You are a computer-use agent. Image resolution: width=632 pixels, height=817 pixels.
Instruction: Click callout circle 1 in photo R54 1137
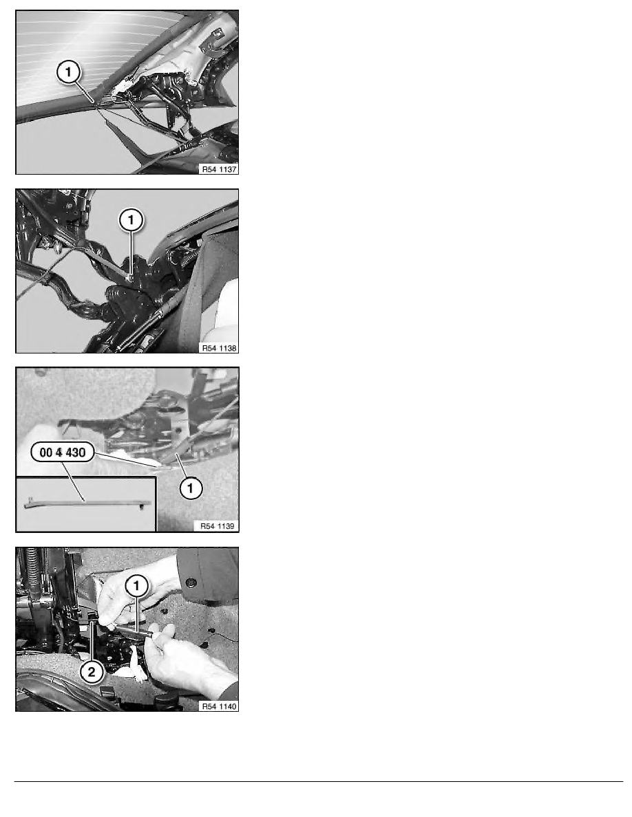coord(68,72)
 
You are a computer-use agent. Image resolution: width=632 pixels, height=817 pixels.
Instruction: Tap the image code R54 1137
coord(219,168)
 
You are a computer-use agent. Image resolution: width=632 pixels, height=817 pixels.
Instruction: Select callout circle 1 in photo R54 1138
coord(131,220)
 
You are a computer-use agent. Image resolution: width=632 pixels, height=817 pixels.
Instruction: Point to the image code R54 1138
coord(219,347)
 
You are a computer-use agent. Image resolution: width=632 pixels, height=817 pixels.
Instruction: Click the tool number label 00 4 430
coord(63,453)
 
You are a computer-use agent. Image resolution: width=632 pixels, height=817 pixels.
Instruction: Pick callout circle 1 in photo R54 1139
coord(190,488)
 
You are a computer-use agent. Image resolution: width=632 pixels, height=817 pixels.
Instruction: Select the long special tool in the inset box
coord(87,503)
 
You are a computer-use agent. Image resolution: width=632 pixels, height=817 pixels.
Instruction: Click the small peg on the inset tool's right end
coord(142,508)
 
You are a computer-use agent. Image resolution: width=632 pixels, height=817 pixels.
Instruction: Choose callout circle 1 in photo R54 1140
coord(136,586)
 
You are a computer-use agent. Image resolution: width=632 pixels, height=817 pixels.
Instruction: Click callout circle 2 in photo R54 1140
coord(92,672)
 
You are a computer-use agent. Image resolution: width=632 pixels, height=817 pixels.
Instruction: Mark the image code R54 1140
coord(219,706)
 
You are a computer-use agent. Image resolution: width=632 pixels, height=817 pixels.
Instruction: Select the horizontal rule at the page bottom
coord(319,781)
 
